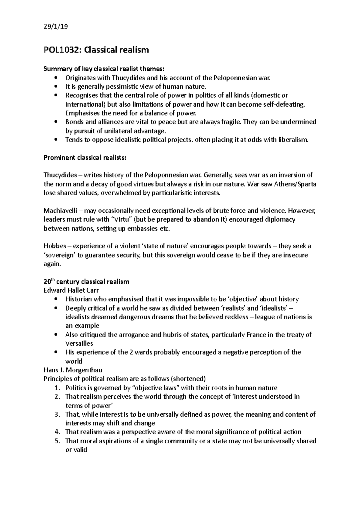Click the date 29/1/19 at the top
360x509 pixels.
pos(56,27)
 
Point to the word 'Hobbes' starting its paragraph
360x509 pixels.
pos(54,246)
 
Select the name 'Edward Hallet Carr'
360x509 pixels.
pos(71,290)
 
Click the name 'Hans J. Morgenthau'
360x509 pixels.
pos(73,370)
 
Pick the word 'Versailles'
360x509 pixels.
pos(79,344)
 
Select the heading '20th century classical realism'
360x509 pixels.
pos(86,281)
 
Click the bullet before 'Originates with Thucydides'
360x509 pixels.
pos(56,78)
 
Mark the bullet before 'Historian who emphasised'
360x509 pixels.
pos(56,299)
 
